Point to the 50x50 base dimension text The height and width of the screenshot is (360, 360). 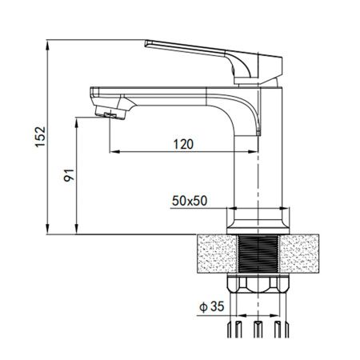[x=189, y=201]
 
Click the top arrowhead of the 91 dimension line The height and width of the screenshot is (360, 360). [x=78, y=122]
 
